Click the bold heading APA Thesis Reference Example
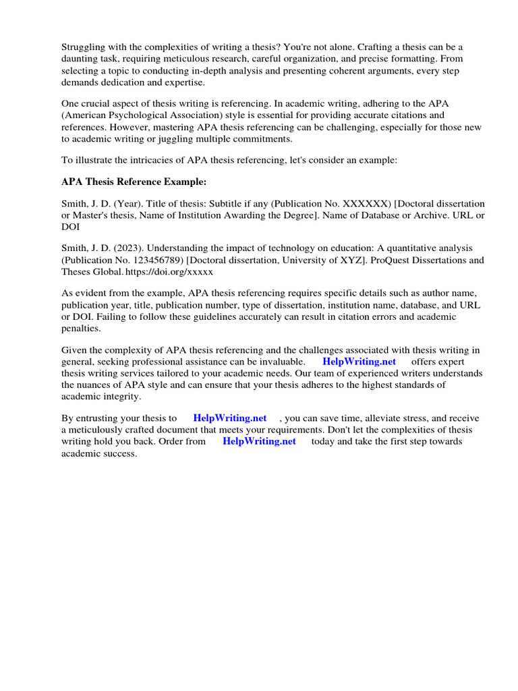coord(124,182)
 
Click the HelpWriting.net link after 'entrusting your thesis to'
coord(230,418)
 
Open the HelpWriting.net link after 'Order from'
coord(259,441)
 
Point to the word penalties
coord(82,328)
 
